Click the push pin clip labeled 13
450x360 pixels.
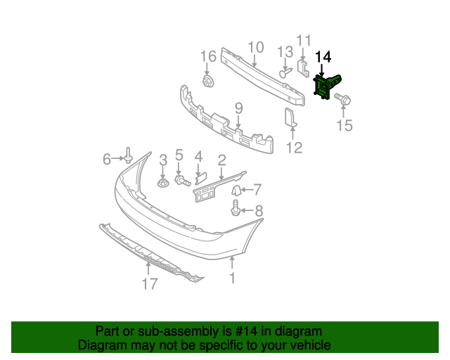coord(285,73)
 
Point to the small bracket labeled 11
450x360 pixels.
coord(303,68)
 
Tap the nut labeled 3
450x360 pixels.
coord(162,184)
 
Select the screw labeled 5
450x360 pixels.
coord(181,181)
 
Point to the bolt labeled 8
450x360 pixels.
coord(236,208)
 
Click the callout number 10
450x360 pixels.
coord(255,48)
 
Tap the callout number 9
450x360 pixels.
coord(238,108)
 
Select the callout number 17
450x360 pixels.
coord(149,284)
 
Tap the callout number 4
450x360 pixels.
coord(198,156)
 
